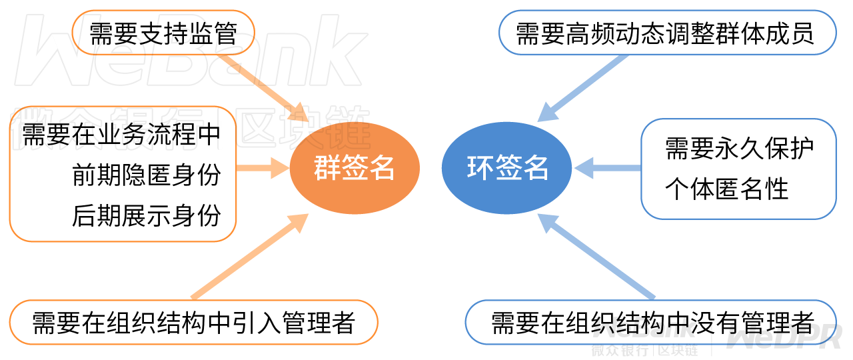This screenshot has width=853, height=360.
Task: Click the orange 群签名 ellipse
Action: pos(355,168)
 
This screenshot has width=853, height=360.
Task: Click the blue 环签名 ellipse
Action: pos(506,168)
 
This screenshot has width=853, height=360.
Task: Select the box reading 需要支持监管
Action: pos(163,33)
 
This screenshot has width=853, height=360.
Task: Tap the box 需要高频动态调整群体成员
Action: pos(668,33)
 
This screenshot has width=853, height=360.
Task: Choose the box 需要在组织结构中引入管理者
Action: pos(194,322)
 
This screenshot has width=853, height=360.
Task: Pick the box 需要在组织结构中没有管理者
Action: pos(651,322)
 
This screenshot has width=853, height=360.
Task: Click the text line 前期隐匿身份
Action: pos(147,175)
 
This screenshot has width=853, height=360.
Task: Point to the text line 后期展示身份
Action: pos(147,215)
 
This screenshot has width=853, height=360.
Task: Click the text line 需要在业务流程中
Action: pos(122,134)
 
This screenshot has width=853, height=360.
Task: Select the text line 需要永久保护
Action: pos(739,148)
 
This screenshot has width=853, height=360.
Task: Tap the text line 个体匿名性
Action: pos(726,189)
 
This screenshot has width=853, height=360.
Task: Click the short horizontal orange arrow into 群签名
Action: pos(263,168)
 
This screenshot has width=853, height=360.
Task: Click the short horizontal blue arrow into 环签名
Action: pos(608,168)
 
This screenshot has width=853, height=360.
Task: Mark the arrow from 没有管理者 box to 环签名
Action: pos(596,257)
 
